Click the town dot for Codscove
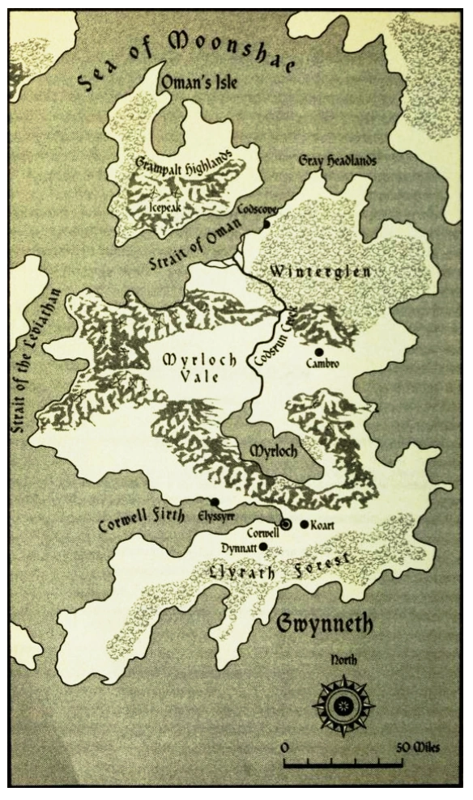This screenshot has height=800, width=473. pyautogui.click(x=266, y=224)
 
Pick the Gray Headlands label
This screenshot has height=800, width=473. pyautogui.click(x=338, y=161)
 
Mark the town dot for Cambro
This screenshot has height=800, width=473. pyautogui.click(x=318, y=352)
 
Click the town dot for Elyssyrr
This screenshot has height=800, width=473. pyautogui.click(x=214, y=502)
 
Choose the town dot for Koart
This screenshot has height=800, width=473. pyautogui.click(x=305, y=524)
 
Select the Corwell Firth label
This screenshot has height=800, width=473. pyautogui.click(x=141, y=513)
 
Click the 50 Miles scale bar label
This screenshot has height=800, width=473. pyautogui.click(x=419, y=747)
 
